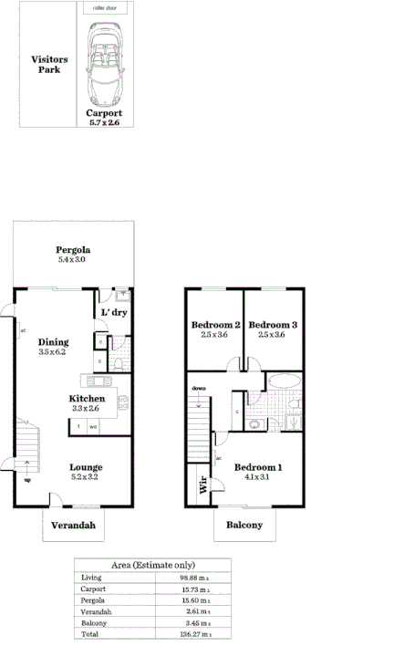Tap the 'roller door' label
click(103, 7)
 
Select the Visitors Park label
click(49, 64)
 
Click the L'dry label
click(114, 312)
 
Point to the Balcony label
click(244, 524)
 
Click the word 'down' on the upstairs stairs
click(199, 388)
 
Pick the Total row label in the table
click(88, 633)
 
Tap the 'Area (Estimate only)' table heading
click(152, 565)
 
